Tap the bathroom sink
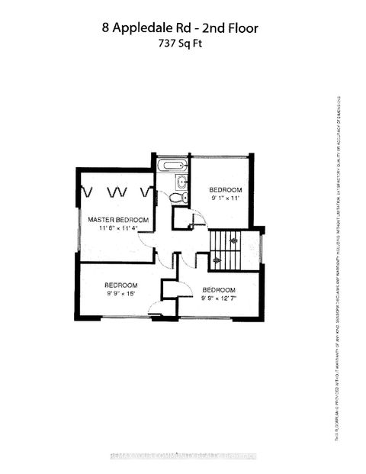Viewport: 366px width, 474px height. pos(181,182)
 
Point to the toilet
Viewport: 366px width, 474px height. pos(176,198)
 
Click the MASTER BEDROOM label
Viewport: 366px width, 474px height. pos(117,219)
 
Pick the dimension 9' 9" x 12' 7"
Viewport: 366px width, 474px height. pos(218,298)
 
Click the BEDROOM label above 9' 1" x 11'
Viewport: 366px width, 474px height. pos(226,189)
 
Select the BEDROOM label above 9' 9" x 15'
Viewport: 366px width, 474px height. pos(120,285)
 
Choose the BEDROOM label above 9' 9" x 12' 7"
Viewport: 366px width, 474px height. pos(219,289)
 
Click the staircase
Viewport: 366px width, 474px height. pos(225,250)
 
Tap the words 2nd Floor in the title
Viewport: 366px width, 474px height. pos(228,28)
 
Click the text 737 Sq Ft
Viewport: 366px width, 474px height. pos(182,44)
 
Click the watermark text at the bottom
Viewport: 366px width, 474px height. pos(183,458)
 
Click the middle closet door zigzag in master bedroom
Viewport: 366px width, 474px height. pos(117,192)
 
